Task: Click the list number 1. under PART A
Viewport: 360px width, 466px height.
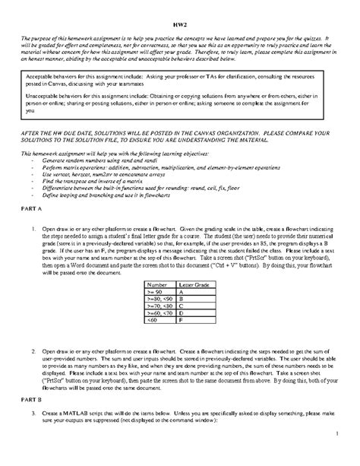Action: tap(34, 228)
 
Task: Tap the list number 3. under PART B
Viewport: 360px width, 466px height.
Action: tap(34, 411)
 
